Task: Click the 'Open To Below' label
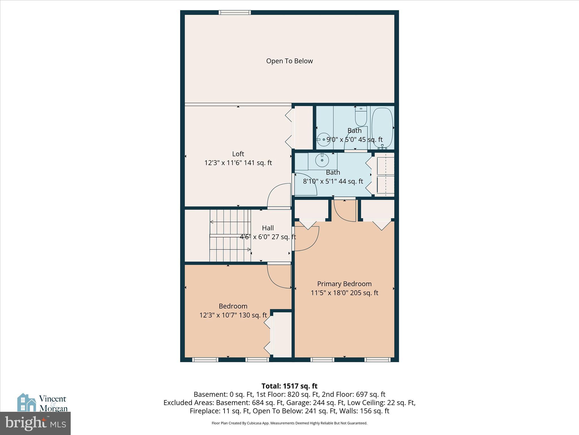(289, 61)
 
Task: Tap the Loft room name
(238, 154)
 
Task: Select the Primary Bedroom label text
(344, 284)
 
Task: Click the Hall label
(267, 228)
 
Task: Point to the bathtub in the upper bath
(382, 127)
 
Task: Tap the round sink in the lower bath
(322, 161)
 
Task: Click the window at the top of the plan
(235, 12)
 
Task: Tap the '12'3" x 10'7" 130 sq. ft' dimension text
(233, 315)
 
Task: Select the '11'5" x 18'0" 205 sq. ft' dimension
(344, 293)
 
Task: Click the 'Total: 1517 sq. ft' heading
(289, 386)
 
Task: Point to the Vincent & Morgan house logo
(27, 402)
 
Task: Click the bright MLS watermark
(35, 423)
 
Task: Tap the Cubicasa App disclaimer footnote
(289, 423)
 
